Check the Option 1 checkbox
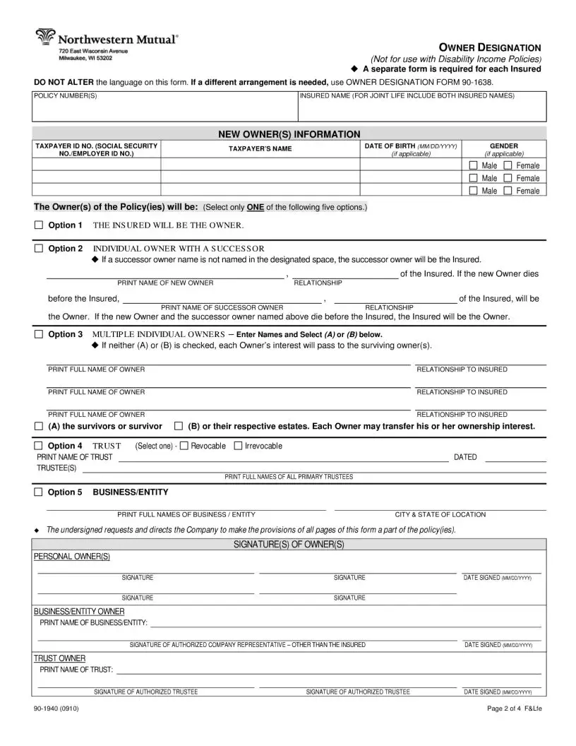[39, 225]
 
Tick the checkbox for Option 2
[39, 249]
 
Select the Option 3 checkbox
[39, 334]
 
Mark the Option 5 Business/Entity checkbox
[39, 492]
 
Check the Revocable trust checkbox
[184, 446]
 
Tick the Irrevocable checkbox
[238, 446]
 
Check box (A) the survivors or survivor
[39, 427]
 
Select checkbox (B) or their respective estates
[179, 427]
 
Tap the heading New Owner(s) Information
[289, 134]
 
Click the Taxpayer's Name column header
[260, 149]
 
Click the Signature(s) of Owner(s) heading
[289, 544]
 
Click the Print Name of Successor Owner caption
[222, 308]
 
